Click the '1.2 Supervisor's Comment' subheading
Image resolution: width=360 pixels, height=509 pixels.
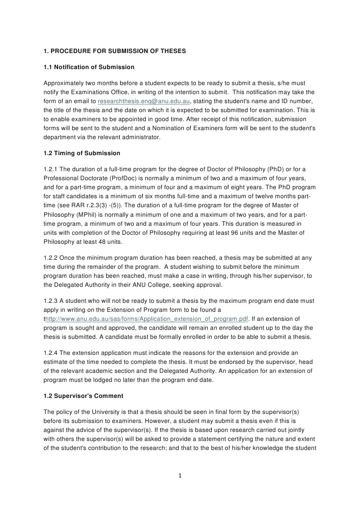(x=83, y=395)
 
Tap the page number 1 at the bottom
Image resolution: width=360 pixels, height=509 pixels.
(x=180, y=475)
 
